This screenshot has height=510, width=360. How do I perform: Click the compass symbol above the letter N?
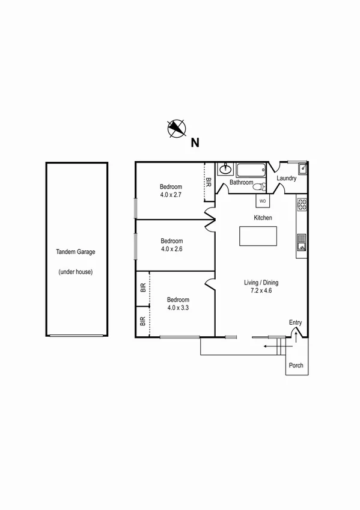coord(177,127)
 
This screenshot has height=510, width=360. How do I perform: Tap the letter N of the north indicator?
coord(195,143)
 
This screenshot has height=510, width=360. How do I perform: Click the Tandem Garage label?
coord(76,253)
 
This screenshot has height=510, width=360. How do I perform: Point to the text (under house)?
coord(76,272)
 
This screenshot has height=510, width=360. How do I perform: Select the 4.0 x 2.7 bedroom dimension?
coord(171,195)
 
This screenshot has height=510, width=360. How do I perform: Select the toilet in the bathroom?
coord(259,185)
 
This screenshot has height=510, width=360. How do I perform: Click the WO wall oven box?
coord(263,201)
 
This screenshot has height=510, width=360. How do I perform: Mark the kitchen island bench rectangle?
coord(258,236)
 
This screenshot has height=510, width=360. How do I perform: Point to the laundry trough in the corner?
coord(303,168)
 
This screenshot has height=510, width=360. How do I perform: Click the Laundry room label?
coord(287,179)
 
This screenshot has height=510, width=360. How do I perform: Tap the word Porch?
coord(296,366)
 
